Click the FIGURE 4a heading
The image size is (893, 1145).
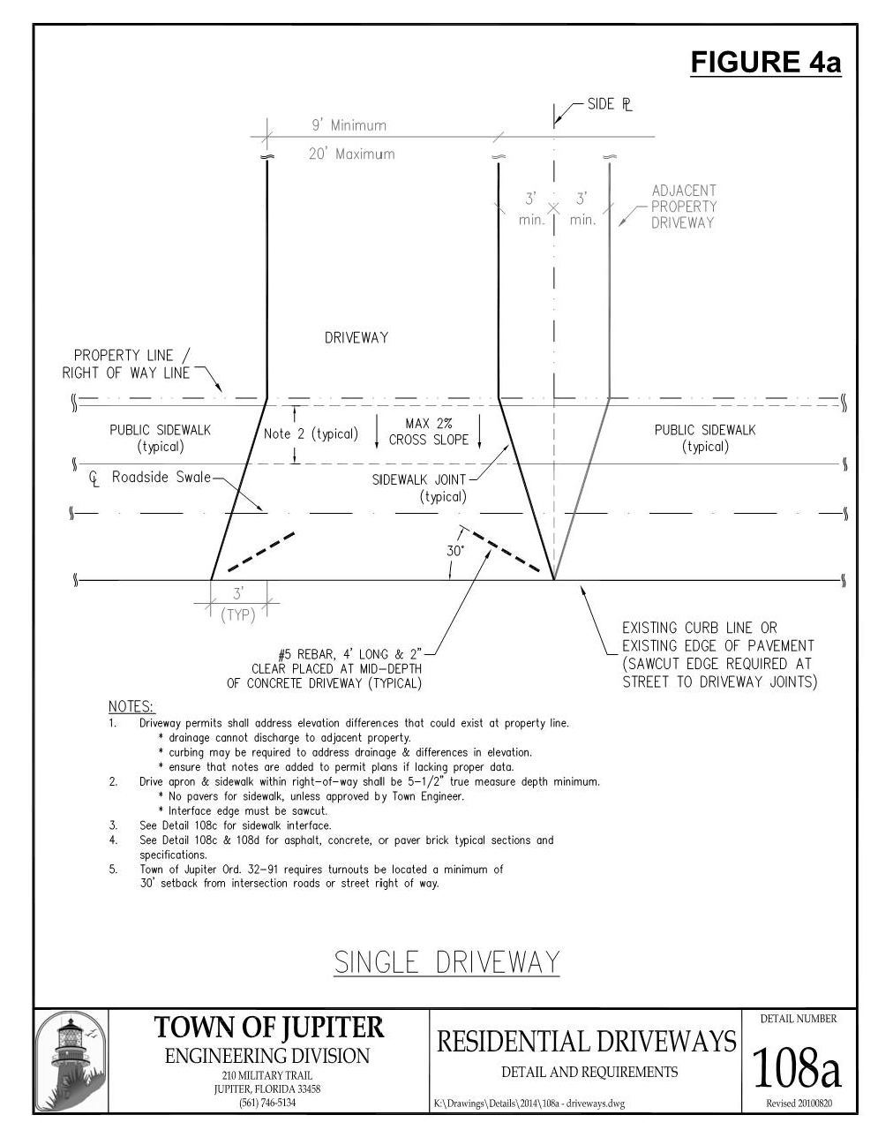pyautogui.click(x=765, y=63)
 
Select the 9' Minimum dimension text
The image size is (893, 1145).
pyautogui.click(x=349, y=125)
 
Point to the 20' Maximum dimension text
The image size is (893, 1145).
pyautogui.click(x=351, y=154)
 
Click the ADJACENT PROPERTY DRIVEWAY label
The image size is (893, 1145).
pyautogui.click(x=684, y=207)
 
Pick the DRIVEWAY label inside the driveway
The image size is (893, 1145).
pyautogui.click(x=356, y=337)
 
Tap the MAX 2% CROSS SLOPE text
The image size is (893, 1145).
pyautogui.click(x=429, y=432)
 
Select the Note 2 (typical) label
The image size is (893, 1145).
pyautogui.click(x=311, y=433)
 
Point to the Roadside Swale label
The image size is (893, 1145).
pyautogui.click(x=161, y=478)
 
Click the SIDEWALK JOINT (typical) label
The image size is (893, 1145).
pyautogui.click(x=420, y=488)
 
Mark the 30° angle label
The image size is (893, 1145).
pyautogui.click(x=454, y=550)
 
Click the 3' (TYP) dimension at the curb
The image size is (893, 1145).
pyautogui.click(x=238, y=605)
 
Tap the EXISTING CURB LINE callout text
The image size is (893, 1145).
pyautogui.click(x=718, y=654)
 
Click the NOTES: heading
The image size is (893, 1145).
pyautogui.click(x=131, y=706)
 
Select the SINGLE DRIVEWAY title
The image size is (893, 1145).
pyautogui.click(x=446, y=961)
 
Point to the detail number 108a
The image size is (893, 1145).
pyautogui.click(x=797, y=1068)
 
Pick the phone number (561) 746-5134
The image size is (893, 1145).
pyautogui.click(x=267, y=1103)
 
